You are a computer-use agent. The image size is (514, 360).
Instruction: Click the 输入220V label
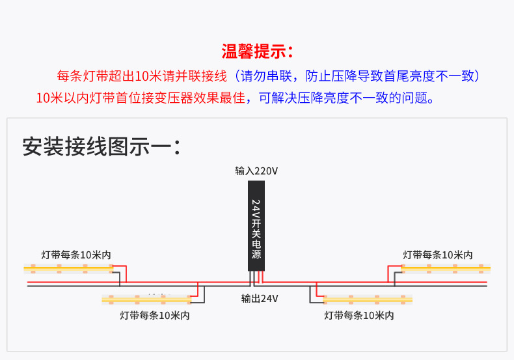tap(256, 171)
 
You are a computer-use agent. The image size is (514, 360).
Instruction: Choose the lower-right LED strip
tap(368, 299)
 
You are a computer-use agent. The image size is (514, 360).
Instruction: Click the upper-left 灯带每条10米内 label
tap(76, 255)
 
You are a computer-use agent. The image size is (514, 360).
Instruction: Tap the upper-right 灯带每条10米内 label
tap(438, 255)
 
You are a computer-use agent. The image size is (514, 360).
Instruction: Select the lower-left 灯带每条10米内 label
tap(155, 315)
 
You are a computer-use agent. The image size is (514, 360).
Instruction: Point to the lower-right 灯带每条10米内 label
tap(359, 315)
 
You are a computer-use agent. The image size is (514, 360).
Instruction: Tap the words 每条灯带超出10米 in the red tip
tap(109, 76)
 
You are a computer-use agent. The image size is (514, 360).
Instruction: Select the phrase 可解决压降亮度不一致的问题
tap(345, 98)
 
